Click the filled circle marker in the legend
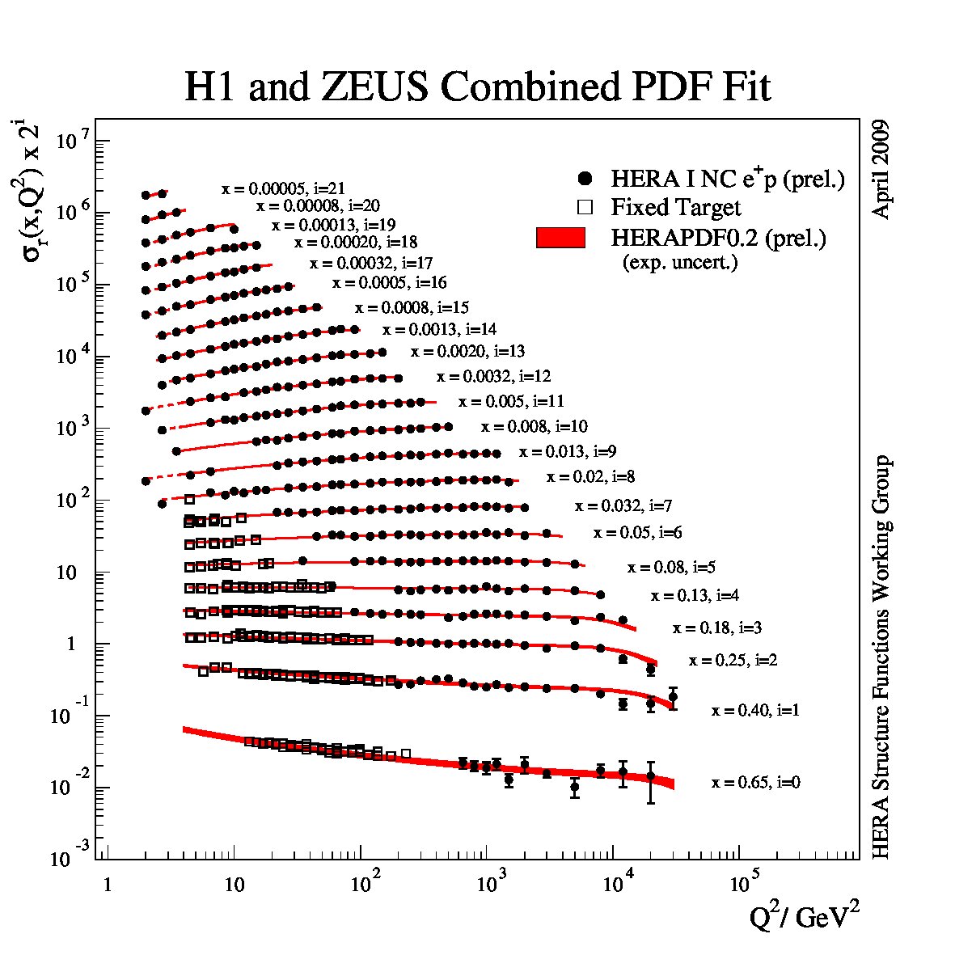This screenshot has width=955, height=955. tap(585, 179)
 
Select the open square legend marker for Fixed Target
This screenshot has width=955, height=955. tap(585, 207)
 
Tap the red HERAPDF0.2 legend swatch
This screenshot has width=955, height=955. tap(560, 238)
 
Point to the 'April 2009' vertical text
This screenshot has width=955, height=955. tap(881, 169)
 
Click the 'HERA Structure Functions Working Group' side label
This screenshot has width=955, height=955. tap(881, 657)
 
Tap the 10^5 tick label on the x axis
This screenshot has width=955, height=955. tap(744, 882)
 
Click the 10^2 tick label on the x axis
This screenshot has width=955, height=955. tap(366, 882)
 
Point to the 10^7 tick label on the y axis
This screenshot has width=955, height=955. tap(73, 142)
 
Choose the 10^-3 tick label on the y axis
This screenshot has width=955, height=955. tap(70, 857)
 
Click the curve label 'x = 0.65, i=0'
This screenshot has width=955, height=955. tap(756, 782)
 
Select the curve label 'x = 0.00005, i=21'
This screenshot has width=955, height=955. tap(283, 188)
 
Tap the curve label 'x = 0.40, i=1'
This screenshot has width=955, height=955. tap(755, 709)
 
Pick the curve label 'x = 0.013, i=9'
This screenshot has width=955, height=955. tap(568, 451)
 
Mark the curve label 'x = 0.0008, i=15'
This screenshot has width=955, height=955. tap(412, 307)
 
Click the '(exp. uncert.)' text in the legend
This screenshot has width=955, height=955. tap(680, 263)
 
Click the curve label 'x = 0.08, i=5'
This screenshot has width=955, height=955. tap(671, 567)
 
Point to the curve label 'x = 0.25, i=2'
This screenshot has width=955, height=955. tap(733, 660)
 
